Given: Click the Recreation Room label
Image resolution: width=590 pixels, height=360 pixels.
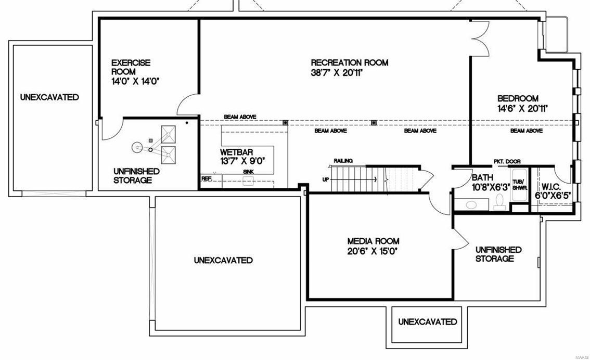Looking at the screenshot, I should pos(349,63).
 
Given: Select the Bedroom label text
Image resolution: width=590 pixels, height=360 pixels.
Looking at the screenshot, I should pos(518,98).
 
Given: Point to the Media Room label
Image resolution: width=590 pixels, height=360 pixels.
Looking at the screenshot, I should pos(373,241).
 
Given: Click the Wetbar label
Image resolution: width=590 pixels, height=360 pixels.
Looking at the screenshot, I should pos(237,152).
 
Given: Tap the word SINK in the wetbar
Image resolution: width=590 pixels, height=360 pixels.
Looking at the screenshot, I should pos(248,171).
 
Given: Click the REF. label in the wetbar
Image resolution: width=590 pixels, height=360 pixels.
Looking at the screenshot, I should pos(207,178).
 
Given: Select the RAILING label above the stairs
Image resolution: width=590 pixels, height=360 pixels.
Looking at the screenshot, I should pos(343,161).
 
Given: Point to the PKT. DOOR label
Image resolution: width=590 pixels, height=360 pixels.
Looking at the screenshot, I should pos(506,161).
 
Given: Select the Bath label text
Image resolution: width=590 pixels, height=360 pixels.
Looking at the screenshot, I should pos(482,177).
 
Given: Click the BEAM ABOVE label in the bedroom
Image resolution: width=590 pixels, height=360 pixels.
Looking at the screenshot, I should pos(526,131).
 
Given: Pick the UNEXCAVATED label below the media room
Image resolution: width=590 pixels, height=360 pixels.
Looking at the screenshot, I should pos(428,322).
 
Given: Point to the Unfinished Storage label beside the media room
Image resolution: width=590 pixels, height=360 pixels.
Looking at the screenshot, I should pos(498,254).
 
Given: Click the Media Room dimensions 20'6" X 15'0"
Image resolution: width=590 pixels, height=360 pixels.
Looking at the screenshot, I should pos(373,251).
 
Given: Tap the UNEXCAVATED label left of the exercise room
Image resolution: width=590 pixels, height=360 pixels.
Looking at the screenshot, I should pos(49,97).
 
